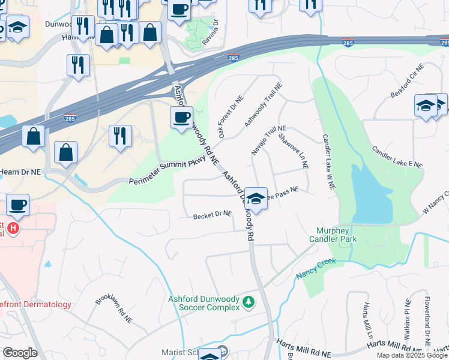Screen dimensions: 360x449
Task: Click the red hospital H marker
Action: click(12, 229)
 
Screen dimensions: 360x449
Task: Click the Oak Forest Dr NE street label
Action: click(231, 117)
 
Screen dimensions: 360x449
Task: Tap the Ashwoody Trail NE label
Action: click(263, 104)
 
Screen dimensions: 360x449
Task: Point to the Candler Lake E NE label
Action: click(397, 157)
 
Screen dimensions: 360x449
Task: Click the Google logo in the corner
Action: click(20, 353)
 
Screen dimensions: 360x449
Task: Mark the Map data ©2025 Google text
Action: click(412, 355)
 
